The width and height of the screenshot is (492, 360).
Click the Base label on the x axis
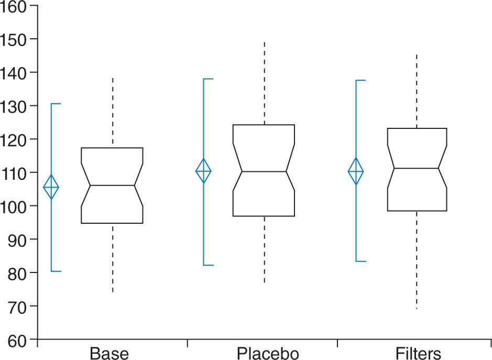(x=109, y=353)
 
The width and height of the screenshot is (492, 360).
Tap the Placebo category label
(x=268, y=353)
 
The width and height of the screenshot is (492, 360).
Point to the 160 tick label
(x=16, y=6)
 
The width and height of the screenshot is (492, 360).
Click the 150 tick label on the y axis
(x=16, y=39)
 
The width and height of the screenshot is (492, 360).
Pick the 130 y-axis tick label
(x=16, y=106)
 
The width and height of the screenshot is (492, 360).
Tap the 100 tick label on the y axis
(x=16, y=206)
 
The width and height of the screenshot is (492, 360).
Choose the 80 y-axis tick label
(x=20, y=272)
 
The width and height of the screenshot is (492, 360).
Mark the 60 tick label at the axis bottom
(x=20, y=340)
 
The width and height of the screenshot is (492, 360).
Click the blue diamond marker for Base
(x=51, y=187)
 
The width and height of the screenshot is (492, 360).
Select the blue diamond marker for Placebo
(x=203, y=171)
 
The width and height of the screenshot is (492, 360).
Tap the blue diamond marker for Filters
(x=356, y=171)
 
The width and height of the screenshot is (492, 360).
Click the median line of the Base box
(x=112, y=186)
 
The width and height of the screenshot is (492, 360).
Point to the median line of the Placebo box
(x=264, y=171)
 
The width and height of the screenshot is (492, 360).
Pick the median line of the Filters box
(x=417, y=168)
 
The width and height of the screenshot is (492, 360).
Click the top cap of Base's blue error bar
(x=56, y=104)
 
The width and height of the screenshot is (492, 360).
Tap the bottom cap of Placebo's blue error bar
(x=208, y=265)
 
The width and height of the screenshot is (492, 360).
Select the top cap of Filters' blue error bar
(x=360, y=81)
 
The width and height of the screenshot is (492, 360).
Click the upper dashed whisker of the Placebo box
(x=264, y=84)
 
